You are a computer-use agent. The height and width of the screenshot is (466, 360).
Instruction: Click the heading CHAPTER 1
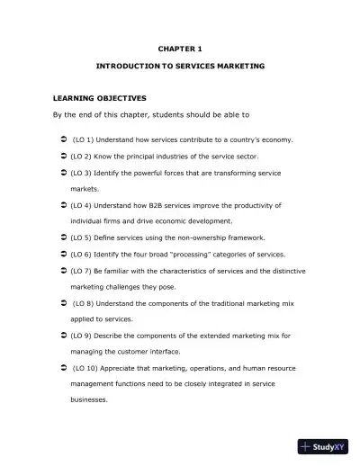coord(180,45)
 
